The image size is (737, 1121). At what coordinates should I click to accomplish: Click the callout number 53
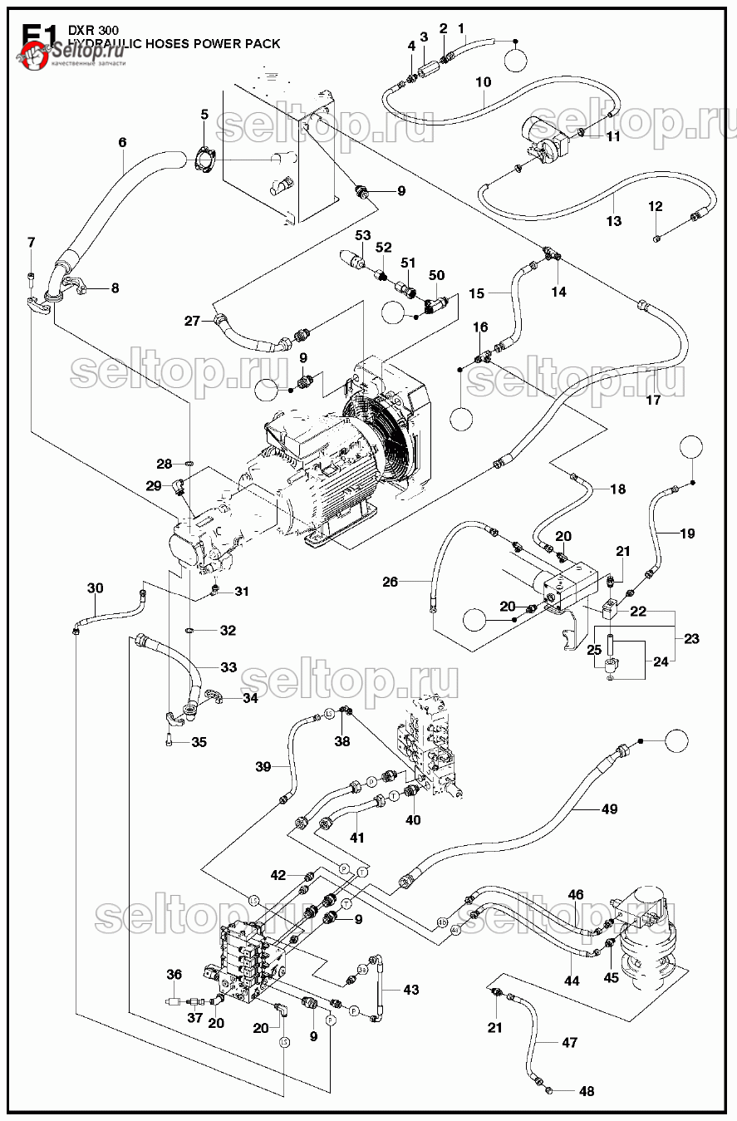(362, 236)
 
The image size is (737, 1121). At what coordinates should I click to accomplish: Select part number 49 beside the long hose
(609, 809)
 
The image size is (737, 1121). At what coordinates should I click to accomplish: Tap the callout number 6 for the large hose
(122, 143)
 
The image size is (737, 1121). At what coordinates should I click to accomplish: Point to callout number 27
(192, 321)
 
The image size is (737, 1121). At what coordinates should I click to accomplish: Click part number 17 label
(652, 400)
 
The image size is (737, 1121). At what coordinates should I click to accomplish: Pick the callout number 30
(96, 588)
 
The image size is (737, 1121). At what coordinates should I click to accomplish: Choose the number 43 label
(410, 990)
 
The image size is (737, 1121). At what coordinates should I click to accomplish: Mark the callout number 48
(587, 1091)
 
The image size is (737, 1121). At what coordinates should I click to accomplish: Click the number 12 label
(656, 206)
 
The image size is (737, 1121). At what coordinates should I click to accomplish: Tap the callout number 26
(391, 582)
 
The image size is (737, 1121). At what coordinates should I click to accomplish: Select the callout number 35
(199, 742)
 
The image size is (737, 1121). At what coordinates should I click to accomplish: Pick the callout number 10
(483, 82)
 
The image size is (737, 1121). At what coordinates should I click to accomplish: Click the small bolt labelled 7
(32, 275)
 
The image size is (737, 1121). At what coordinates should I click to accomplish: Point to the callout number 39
(263, 766)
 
